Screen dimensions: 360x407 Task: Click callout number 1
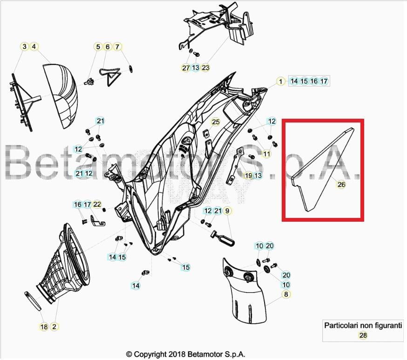coord(281,82)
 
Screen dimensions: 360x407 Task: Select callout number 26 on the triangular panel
coord(341,184)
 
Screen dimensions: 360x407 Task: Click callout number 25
coord(215,122)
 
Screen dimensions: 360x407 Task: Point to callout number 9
coord(227,211)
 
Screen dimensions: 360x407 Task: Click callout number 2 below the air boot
coord(54,327)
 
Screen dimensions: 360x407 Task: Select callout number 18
coord(44,327)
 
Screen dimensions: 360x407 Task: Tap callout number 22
coord(97,204)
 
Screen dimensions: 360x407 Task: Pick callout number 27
coord(186,68)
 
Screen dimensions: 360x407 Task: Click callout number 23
coord(205,68)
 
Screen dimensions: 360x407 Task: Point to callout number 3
coord(24,47)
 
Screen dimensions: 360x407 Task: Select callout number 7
coord(117,47)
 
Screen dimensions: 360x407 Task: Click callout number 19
coord(248,176)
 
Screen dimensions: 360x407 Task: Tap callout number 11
coord(267,154)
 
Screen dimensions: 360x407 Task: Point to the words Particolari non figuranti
coord(363,326)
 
